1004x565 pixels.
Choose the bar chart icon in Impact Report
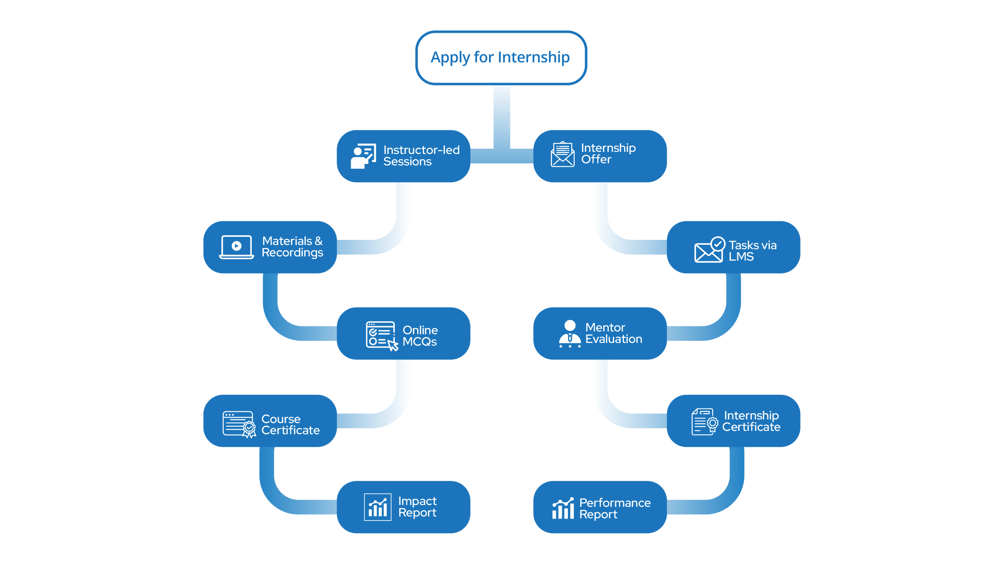pyautogui.click(x=377, y=507)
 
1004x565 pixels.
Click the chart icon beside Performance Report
pyautogui.click(x=563, y=508)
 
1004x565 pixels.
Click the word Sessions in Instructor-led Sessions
pyautogui.click(x=407, y=162)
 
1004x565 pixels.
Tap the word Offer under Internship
pyautogui.click(x=596, y=159)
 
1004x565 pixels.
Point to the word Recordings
pyautogui.click(x=292, y=253)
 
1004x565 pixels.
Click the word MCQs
pyautogui.click(x=419, y=342)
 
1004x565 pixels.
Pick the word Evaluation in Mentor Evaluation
pyautogui.click(x=613, y=339)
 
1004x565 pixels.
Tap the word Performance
pyautogui.click(x=615, y=503)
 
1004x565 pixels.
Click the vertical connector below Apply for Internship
pyautogui.click(x=502, y=117)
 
